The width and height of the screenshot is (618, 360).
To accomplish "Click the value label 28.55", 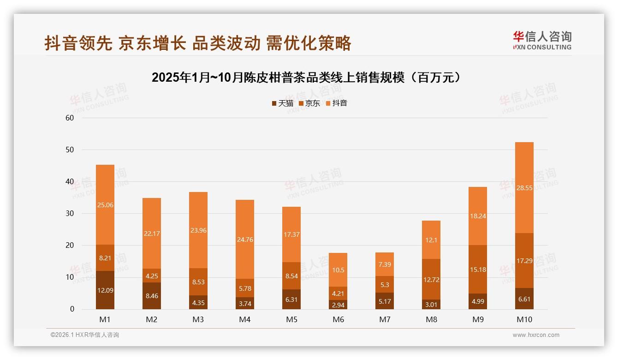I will click(524, 188).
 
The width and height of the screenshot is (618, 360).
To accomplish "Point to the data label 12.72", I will click(431, 280).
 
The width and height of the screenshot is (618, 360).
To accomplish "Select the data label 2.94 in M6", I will click(338, 305).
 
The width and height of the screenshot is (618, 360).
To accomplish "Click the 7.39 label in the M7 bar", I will click(385, 264).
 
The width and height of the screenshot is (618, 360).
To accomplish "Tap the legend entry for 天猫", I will click(282, 103).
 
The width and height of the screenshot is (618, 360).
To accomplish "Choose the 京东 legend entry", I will click(309, 103).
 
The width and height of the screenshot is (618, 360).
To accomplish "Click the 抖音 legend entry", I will click(337, 103).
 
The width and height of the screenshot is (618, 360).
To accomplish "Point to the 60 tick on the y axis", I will click(70, 118).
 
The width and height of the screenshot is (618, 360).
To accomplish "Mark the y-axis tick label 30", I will click(70, 214).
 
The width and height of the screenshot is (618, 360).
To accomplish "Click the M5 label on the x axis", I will click(291, 319).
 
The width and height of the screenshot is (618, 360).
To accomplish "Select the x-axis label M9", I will click(478, 319).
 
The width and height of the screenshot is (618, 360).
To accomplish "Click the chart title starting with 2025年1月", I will click(307, 78).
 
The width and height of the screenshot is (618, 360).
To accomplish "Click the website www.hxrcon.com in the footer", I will click(536, 335).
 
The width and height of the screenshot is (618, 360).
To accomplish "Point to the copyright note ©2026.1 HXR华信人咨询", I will click(85, 335).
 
